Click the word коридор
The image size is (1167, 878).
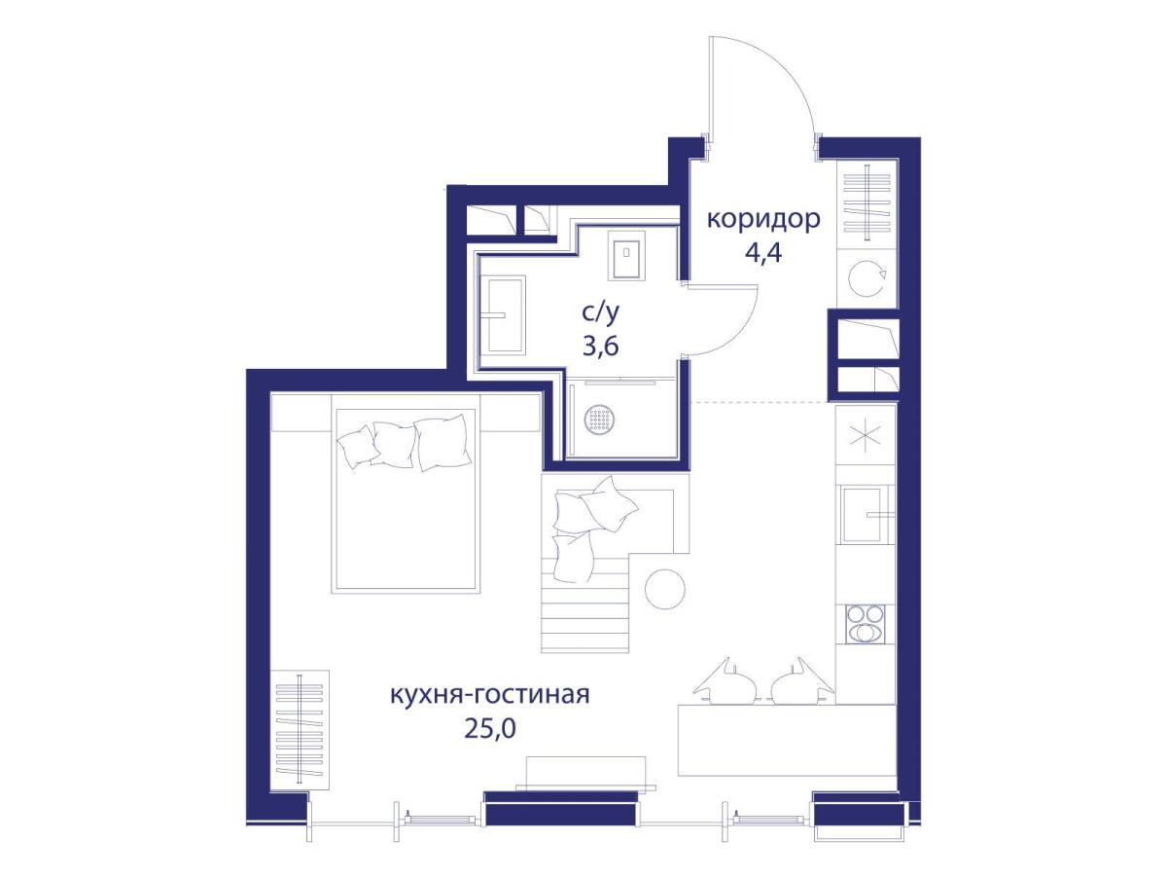[762, 219]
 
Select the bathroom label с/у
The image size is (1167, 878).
[600, 313]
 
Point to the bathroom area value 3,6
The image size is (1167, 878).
[600, 348]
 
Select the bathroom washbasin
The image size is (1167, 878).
[505, 314]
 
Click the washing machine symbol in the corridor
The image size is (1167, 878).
[865, 279]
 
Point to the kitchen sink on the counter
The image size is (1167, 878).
[864, 513]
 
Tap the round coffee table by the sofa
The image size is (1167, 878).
[666, 589]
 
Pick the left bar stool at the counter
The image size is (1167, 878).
[725, 682]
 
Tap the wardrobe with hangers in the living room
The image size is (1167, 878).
[301, 728]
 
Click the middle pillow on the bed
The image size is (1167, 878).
[394, 443]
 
